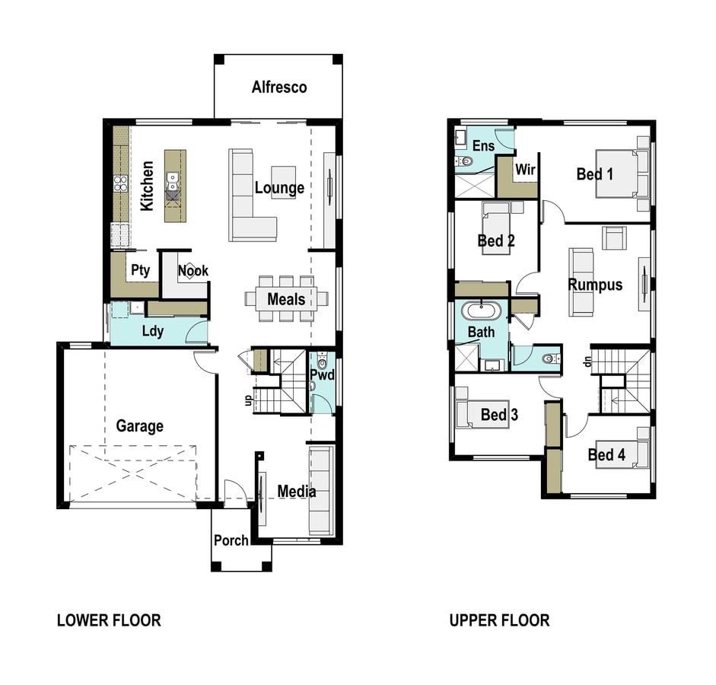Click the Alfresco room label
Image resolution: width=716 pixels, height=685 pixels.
[279, 87]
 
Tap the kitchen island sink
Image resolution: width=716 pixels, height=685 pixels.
[172, 181]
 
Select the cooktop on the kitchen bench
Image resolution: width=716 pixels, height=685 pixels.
[120, 183]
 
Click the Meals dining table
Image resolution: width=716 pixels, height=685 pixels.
[286, 298]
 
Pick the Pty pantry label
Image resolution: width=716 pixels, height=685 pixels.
[140, 270]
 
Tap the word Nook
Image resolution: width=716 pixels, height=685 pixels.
[193, 271]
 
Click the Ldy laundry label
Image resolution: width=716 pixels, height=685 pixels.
[152, 331]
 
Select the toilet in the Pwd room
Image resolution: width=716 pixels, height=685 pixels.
[322, 362]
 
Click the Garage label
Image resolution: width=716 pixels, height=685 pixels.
[140, 425]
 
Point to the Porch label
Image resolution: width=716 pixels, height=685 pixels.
[231, 540]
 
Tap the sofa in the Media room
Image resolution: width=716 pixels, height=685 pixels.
[320, 491]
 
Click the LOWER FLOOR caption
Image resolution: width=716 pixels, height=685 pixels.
[109, 620]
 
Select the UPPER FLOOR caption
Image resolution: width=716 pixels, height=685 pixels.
[500, 620]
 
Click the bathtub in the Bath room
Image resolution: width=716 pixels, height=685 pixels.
[482, 311]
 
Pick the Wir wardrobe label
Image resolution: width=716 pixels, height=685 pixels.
[525, 170]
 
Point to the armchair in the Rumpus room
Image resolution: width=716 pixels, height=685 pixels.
[614, 238]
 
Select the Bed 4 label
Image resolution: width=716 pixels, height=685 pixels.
[606, 454]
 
